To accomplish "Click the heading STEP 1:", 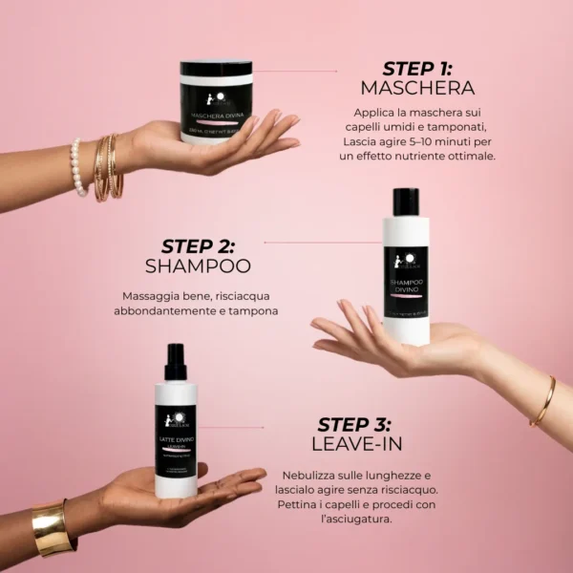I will (417, 69).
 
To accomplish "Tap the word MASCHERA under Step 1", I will (417, 89).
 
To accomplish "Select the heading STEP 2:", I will (197, 246).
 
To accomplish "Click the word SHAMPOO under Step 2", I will (197, 266).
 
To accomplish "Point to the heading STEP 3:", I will (354, 425).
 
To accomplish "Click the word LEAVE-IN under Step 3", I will (354, 445).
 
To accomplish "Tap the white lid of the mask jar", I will (217, 69).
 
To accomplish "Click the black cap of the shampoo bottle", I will (407, 202).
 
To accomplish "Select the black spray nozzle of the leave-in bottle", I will (175, 362).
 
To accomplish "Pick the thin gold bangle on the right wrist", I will (543, 401).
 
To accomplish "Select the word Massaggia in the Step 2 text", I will (154, 296).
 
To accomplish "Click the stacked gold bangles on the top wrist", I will (108, 167).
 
